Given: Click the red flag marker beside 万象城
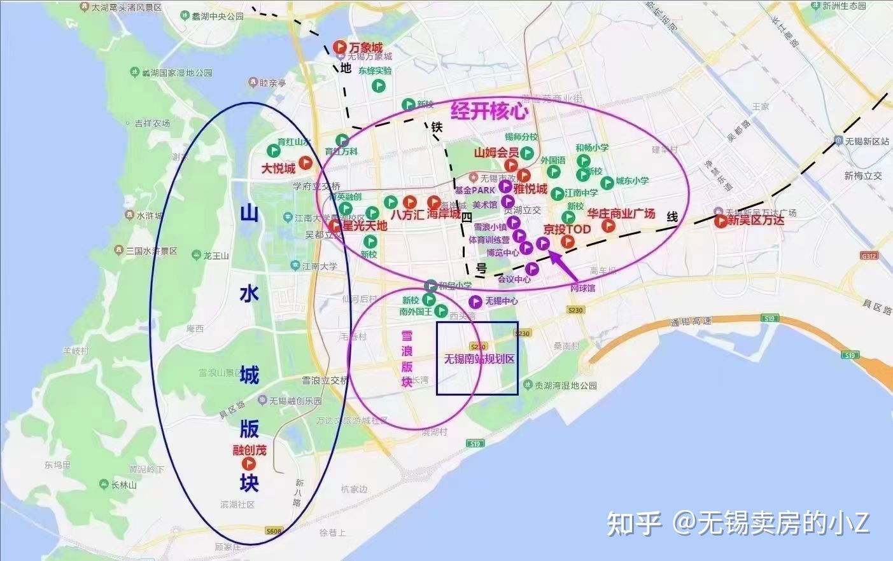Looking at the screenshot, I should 340,48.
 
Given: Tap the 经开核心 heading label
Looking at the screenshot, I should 489,111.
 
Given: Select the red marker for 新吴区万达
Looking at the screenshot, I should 720,221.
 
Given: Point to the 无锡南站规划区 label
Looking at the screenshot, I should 479,359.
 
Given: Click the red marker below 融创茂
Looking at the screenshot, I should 248,464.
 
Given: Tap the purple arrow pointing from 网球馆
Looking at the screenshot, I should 563,266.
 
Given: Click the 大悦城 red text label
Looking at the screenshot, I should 279,169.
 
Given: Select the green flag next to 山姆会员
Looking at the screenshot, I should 527,153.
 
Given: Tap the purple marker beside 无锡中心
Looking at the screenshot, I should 475,301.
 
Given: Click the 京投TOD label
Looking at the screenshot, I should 567,229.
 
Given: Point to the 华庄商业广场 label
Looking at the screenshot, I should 621,214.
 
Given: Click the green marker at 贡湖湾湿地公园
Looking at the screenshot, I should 528,385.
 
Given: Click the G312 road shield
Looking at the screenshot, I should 868,256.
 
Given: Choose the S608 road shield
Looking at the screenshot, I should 274,530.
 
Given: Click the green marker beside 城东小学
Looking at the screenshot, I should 607,183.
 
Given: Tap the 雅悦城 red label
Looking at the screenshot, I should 530,189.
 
